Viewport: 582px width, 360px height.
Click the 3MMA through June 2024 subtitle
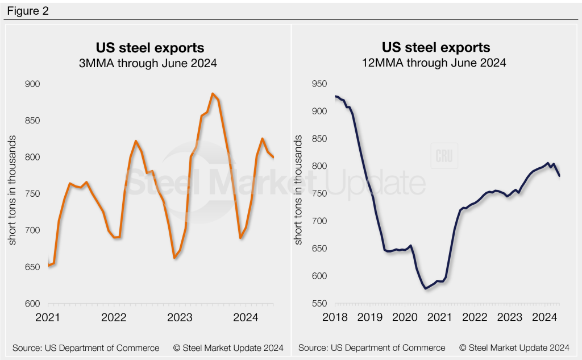click(x=148, y=64)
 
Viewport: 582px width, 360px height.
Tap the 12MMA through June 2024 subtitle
click(x=435, y=64)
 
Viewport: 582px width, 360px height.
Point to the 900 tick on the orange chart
click(x=32, y=84)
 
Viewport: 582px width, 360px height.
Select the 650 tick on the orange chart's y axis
click(x=32, y=267)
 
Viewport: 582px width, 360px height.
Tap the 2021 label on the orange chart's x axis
click(x=48, y=317)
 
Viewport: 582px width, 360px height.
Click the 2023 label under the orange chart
click(x=180, y=317)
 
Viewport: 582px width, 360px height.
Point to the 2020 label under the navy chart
click(x=405, y=317)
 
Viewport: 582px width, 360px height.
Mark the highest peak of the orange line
click(x=212, y=94)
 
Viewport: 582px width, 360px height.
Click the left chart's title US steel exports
click(x=148, y=47)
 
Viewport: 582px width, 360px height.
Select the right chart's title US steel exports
click(x=435, y=47)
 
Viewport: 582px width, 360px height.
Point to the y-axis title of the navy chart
click(x=297, y=194)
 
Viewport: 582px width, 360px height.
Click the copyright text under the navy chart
click(x=514, y=347)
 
